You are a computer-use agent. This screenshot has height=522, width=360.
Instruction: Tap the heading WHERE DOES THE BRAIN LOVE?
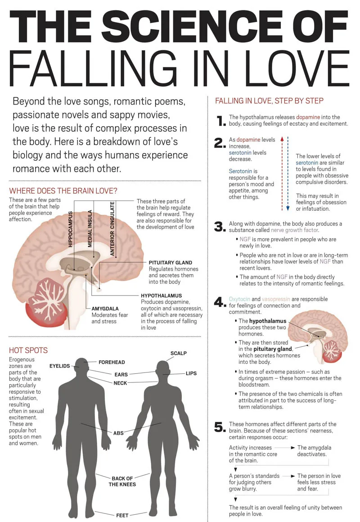pos(63,191)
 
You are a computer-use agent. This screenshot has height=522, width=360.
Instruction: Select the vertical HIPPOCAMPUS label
pos(70,229)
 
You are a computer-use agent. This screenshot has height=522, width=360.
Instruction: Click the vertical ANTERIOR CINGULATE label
pos(112,228)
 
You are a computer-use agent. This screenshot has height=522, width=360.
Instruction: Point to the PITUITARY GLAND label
pos(171,263)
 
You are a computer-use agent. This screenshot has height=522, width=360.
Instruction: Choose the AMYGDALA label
pos(105,309)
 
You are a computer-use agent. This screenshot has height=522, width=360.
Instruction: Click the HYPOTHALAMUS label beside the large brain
pos(162,295)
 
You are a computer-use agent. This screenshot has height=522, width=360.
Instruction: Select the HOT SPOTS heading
pos(28,350)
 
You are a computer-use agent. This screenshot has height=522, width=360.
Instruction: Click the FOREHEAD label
pos(112,362)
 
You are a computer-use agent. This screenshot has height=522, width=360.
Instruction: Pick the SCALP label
pos(179,353)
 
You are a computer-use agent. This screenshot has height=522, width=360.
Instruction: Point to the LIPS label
pos(191,373)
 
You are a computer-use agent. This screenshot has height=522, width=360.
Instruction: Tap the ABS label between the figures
pos(118,433)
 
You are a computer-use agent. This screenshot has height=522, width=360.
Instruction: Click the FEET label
pos(122,515)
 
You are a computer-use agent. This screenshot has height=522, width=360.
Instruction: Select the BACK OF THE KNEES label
pos(122,481)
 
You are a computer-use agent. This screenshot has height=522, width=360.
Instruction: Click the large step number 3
pos(220,227)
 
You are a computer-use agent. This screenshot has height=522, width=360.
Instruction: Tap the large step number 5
pos(220,427)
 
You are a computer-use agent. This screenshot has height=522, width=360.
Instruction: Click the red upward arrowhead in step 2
pos(282,139)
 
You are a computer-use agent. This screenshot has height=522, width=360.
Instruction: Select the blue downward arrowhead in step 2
pos(288,208)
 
